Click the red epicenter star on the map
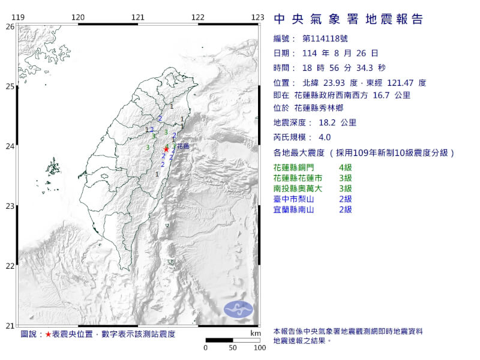(166, 149)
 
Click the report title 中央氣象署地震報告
(349, 19)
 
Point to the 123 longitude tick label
(258, 17)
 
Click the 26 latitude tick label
(10, 26)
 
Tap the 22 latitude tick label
(10, 266)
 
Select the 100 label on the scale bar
(259, 347)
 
